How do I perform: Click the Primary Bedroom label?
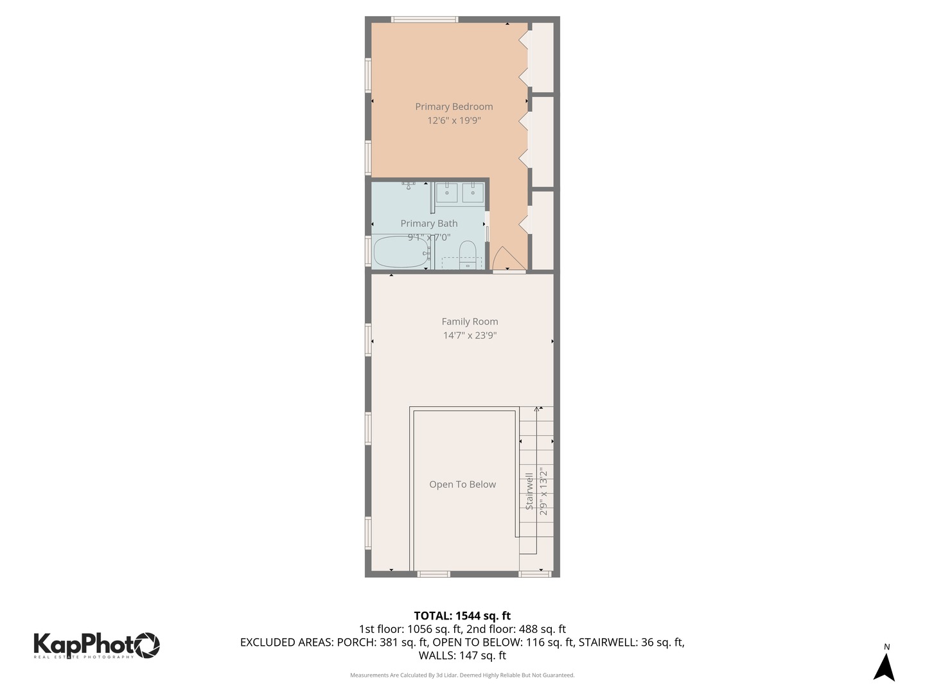tap(454, 107)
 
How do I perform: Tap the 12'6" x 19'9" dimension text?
tap(454, 120)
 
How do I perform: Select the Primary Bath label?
tap(428, 224)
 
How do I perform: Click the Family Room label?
tap(470, 321)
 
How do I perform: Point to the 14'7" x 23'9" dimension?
tap(470, 335)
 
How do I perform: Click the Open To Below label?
tap(463, 485)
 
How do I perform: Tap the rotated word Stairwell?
tap(530, 492)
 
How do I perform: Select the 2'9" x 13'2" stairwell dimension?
tap(544, 492)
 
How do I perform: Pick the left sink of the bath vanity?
tap(446, 192)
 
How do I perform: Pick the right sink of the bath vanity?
tap(473, 192)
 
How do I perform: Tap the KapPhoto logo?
tap(96, 645)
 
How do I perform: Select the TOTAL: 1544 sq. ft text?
tap(462, 616)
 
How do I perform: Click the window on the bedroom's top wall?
tap(425, 19)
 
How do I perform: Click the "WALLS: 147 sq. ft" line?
tap(462, 655)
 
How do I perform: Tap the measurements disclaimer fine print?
tap(462, 675)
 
